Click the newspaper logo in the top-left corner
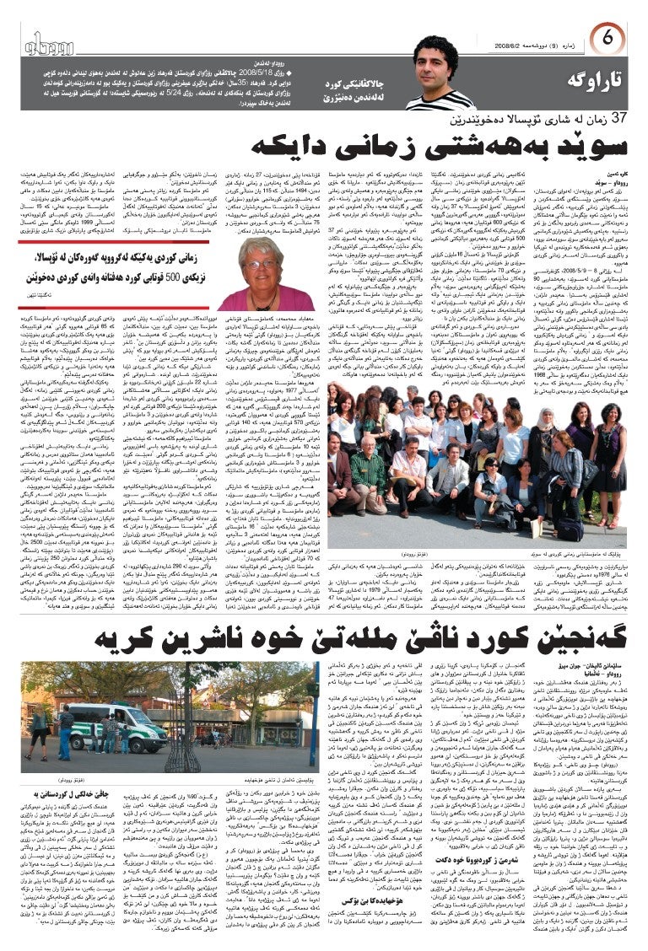(x=55, y=45)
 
